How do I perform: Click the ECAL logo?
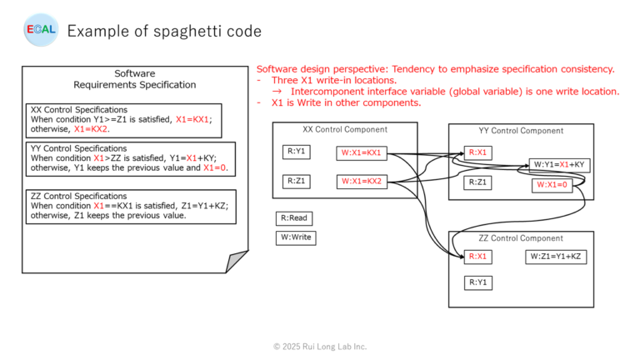click(39, 31)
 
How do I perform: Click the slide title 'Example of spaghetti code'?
click(164, 32)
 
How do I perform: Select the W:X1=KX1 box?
click(362, 152)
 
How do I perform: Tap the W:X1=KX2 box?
click(362, 180)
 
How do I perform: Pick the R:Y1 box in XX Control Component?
click(296, 152)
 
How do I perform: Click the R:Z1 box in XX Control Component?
click(296, 180)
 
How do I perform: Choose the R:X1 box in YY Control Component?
click(478, 152)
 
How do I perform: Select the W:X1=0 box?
click(551, 184)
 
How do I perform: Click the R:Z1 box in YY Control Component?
click(478, 182)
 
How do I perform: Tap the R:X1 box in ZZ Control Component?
click(478, 257)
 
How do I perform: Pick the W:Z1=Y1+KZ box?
click(555, 257)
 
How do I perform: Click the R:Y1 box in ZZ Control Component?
click(478, 282)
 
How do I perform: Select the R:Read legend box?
click(294, 218)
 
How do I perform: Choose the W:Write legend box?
click(295, 237)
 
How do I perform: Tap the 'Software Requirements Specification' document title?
click(134, 79)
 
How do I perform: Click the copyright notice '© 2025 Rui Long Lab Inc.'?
click(320, 346)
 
